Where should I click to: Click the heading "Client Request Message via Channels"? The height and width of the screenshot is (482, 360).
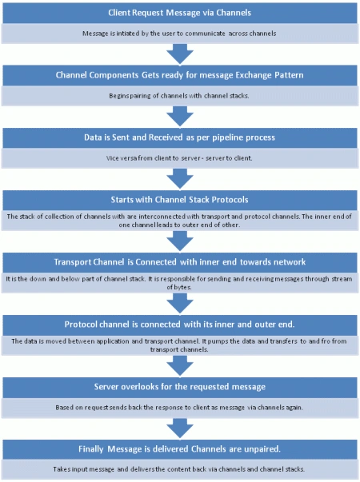pos(179,13)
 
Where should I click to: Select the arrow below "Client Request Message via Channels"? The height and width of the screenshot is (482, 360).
pos(180,54)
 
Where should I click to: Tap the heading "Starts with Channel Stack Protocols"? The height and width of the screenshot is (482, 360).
pos(179,200)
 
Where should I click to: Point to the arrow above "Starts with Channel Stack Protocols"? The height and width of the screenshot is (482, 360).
pos(180,179)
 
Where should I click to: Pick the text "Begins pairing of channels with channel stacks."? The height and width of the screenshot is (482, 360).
pos(179,96)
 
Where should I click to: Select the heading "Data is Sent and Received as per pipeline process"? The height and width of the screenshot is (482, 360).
pos(179,137)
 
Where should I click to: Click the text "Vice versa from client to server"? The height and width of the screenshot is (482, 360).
pos(154,158)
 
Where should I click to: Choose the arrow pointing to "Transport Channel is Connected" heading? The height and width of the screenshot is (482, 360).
pos(180,241)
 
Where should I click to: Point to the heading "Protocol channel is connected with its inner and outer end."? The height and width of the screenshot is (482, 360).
pos(179,325)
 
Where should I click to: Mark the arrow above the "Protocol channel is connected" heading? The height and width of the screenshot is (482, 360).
pos(180,304)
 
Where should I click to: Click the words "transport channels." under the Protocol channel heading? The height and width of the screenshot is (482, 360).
pos(179,350)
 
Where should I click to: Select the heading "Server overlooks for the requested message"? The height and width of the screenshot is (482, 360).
pos(180,387)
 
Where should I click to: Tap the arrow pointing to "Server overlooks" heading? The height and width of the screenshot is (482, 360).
pos(180,366)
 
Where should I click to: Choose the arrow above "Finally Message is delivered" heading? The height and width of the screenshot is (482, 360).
pos(180,428)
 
